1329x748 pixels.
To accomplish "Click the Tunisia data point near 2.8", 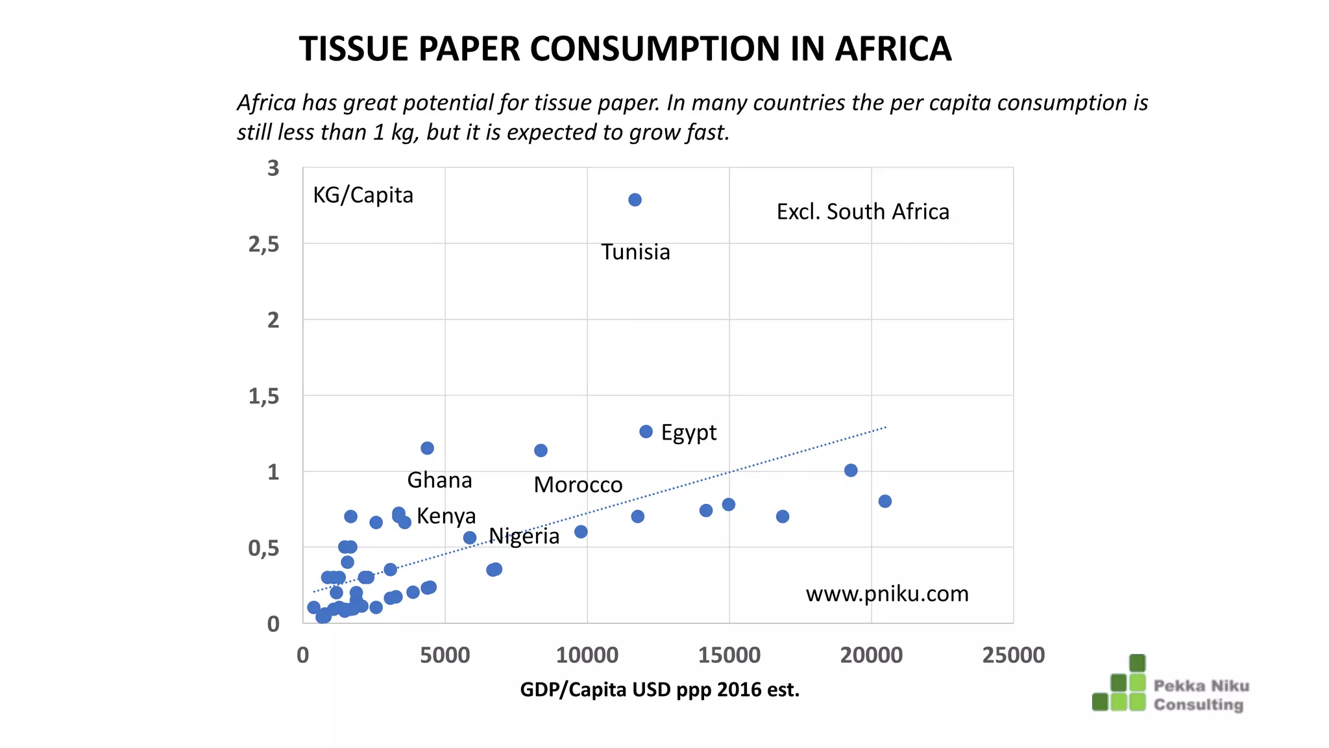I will pyautogui.click(x=635, y=200).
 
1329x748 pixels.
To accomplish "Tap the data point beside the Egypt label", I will pyautogui.click(x=646, y=432).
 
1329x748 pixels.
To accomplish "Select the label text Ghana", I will pyautogui.click(x=439, y=480).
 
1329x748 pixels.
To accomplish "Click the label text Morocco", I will pyautogui.click(x=578, y=485).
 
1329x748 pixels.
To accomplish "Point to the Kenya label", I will pyautogui.click(x=446, y=516).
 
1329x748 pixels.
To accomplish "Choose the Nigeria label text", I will pyautogui.click(x=524, y=536).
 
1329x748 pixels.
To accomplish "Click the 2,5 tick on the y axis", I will pyautogui.click(x=263, y=245).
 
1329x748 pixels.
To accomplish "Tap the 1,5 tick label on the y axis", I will pyautogui.click(x=263, y=396).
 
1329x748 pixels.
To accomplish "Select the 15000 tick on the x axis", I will pyautogui.click(x=729, y=655).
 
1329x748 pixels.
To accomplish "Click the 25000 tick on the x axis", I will pyautogui.click(x=1013, y=655).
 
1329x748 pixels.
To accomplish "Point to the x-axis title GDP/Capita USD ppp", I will pyautogui.click(x=659, y=690).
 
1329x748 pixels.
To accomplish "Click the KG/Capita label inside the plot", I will pyautogui.click(x=363, y=195).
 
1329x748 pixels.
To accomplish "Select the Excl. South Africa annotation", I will pyautogui.click(x=862, y=212).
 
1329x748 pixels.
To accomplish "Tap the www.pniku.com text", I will pyautogui.click(x=886, y=594).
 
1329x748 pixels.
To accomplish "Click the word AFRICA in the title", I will pyautogui.click(x=893, y=49).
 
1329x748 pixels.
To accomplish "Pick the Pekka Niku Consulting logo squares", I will pyautogui.click(x=1120, y=684).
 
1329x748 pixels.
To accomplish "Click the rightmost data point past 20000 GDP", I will pyautogui.click(x=884, y=501).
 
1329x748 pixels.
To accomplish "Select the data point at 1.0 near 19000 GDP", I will pyautogui.click(x=851, y=470).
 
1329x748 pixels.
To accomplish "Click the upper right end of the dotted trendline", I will pyautogui.click(x=884, y=428).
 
